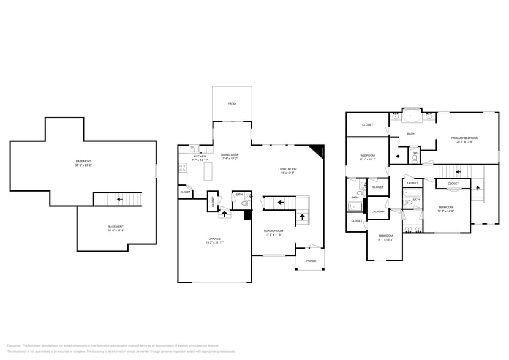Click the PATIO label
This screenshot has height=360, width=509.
click(232, 104)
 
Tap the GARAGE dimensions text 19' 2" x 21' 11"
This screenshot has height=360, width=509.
click(214, 243)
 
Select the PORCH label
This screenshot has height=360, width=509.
click(311, 261)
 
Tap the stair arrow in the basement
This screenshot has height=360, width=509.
click(119, 199)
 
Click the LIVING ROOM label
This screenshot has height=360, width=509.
click(287, 169)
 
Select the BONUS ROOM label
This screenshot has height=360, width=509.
click(273, 231)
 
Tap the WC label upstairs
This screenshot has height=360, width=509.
click(415, 153)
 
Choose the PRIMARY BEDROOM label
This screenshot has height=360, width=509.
click(465, 138)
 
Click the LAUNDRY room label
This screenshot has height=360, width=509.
click(377, 211)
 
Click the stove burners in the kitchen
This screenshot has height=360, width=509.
click(182, 166)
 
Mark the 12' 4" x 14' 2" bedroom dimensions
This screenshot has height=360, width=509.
click(445, 211)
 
